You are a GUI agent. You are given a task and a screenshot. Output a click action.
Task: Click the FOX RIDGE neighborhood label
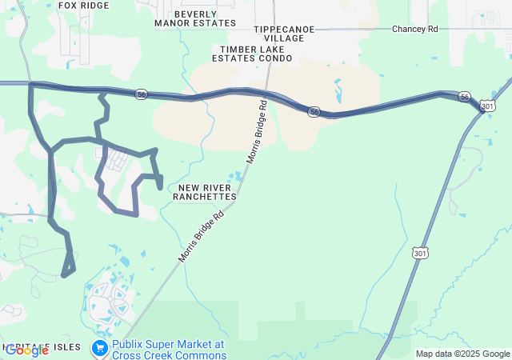pyautogui.click(x=83, y=5)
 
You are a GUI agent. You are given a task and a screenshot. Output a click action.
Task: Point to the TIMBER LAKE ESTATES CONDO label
pyautogui.click(x=252, y=54)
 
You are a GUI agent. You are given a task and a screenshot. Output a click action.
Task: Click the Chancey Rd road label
pyautogui.click(x=415, y=29)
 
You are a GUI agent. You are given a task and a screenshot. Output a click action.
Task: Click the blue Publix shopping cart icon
pyautogui.click(x=100, y=347)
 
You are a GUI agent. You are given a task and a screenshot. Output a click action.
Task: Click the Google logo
pyautogui.click(x=26, y=350)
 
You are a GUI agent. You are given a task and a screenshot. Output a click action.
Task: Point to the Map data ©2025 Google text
pyautogui.click(x=462, y=354)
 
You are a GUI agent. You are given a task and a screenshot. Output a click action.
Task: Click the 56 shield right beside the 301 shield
pyautogui.click(x=465, y=97)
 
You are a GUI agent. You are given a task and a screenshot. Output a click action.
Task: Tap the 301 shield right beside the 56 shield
pyautogui.click(x=487, y=106)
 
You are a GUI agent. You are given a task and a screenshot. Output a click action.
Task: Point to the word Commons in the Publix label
pyautogui.click(x=202, y=355)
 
